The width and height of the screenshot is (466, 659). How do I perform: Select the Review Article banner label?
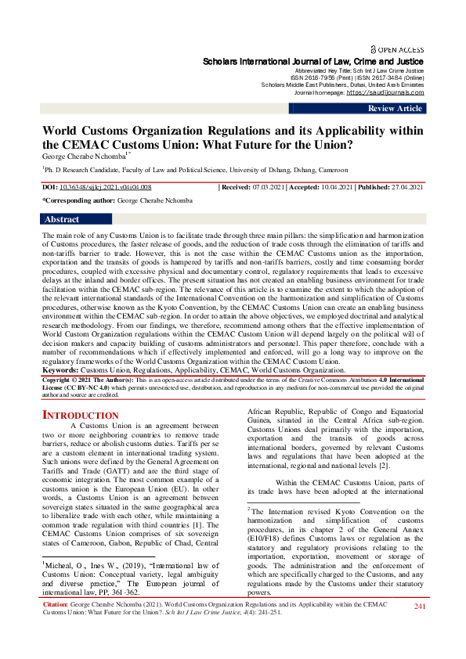pos(396,109)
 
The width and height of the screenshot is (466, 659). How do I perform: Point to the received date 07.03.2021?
pos(267,188)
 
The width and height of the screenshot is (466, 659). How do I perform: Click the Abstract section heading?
pos(63,220)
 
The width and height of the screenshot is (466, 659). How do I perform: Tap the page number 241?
pos(419,628)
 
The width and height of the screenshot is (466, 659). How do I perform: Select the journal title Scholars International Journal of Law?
pos(313,61)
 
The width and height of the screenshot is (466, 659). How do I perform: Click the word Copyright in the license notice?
pos(63,377)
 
